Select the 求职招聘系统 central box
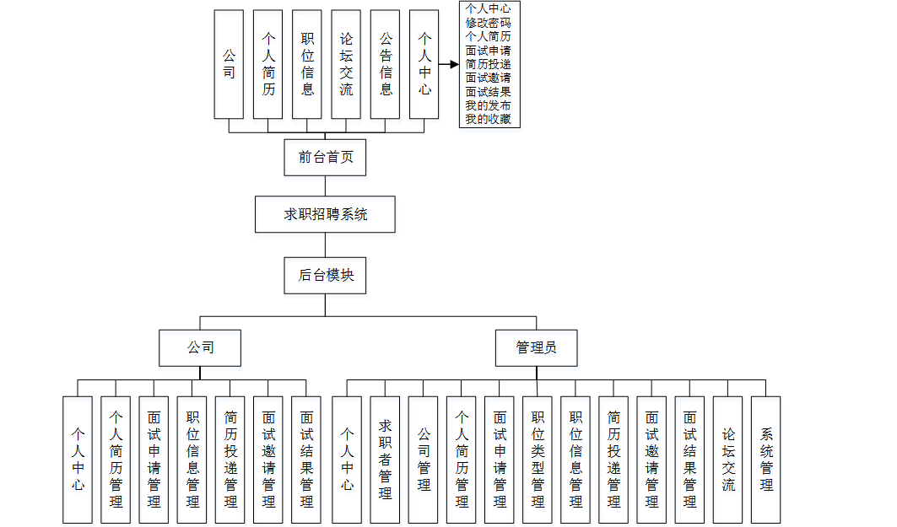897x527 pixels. [325, 214]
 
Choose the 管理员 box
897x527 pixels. [537, 347]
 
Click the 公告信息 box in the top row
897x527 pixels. [385, 64]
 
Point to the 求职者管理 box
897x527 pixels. [386, 460]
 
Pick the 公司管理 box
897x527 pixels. [424, 460]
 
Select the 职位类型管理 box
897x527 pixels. [538, 460]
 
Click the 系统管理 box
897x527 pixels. [766, 460]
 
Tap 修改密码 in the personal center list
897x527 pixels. [489, 24]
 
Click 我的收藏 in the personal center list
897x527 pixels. [489, 120]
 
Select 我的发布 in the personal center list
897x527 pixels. [489, 106]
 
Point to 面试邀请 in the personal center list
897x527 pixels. [489, 78]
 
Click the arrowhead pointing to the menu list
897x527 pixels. [454, 64]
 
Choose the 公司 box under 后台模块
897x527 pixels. [201, 347]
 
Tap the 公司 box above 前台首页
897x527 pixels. [229, 64]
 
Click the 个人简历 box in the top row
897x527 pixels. [268, 64]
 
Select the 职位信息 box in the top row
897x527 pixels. [307, 64]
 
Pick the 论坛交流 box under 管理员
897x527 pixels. [728, 460]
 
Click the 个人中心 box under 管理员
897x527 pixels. [348, 460]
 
